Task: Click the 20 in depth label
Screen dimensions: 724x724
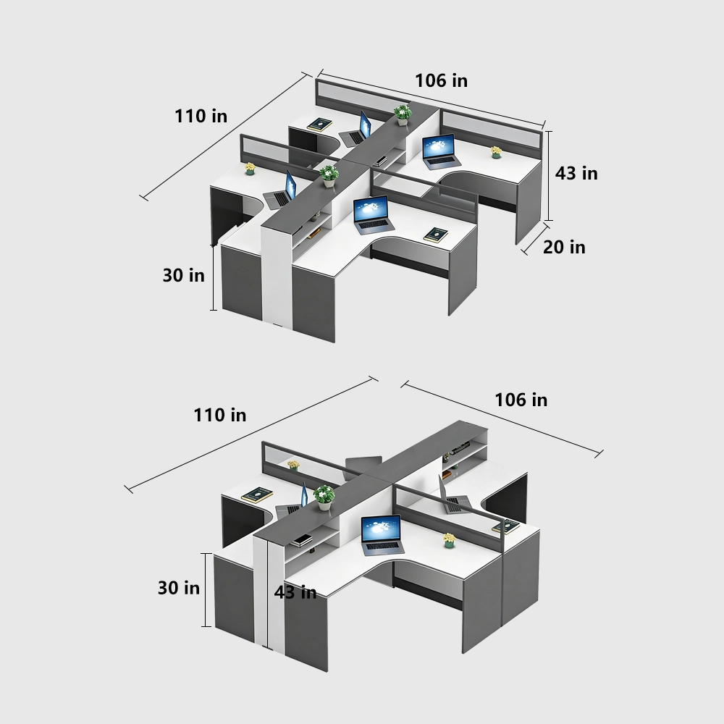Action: [564, 247]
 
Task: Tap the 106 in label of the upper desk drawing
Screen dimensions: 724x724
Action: [441, 81]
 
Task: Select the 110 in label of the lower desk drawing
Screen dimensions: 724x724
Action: [220, 415]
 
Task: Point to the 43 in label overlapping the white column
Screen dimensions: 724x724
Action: [295, 592]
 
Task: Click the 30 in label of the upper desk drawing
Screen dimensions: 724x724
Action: [183, 275]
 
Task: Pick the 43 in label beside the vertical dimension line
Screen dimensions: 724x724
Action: [576, 173]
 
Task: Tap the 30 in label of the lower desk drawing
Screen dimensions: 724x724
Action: [179, 588]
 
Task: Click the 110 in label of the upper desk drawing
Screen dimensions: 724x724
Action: [201, 116]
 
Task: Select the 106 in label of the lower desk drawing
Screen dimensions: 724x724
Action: [521, 400]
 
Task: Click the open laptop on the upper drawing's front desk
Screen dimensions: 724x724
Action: [373, 215]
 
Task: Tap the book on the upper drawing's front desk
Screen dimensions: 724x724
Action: [436, 235]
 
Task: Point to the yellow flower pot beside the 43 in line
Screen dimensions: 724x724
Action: [496, 152]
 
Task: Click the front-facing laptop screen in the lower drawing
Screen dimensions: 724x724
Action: [381, 529]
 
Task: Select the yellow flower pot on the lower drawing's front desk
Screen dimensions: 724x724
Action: [449, 540]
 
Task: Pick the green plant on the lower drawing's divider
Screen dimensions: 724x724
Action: [324, 497]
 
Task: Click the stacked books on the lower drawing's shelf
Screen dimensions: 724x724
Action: [300, 540]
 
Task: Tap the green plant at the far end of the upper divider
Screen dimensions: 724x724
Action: [403, 115]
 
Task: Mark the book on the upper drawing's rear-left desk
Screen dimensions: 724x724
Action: [319, 125]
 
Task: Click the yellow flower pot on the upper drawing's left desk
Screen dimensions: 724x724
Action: [250, 169]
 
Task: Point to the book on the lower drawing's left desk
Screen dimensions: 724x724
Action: [257, 495]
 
